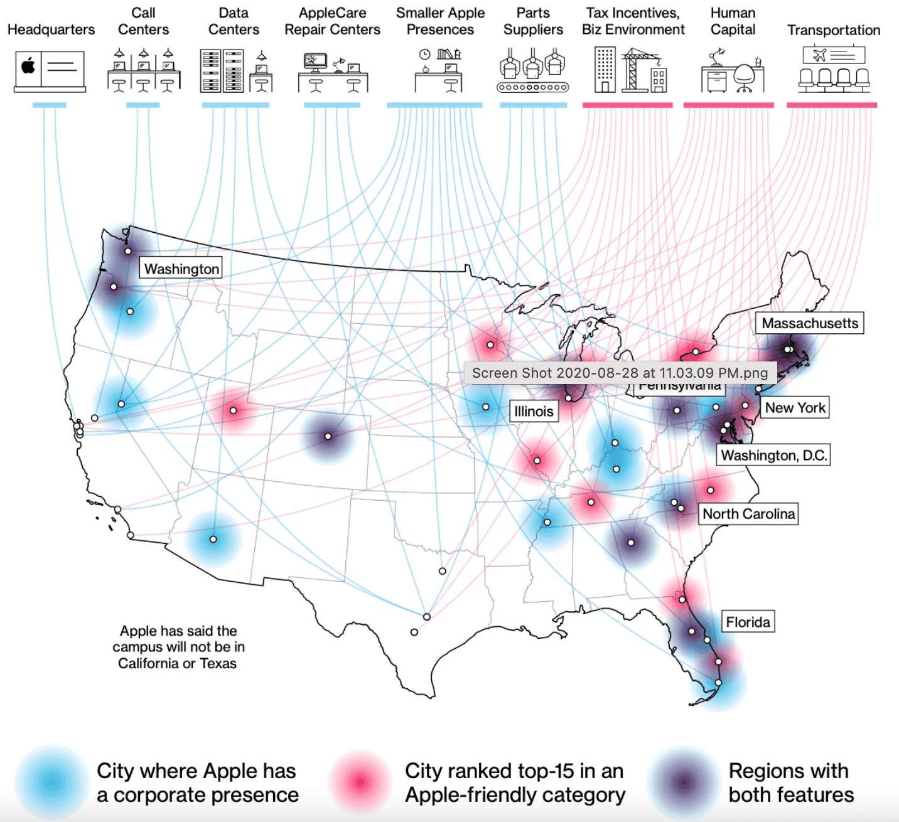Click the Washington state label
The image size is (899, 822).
point(181,269)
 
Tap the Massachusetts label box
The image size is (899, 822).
point(809,323)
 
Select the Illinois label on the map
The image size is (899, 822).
point(534,411)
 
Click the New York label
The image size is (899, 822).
point(795,408)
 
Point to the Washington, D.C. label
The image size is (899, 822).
point(773,455)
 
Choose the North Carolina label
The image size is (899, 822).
point(748,514)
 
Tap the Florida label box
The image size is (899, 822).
point(748,622)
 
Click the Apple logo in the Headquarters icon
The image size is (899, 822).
point(28,66)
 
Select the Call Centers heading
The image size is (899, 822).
point(143,21)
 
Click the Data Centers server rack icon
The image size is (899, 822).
point(222,71)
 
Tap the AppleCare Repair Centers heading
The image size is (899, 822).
point(332,21)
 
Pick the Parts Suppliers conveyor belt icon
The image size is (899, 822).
point(533,87)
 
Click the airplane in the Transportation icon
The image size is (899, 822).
point(819,55)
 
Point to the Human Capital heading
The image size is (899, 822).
point(733,21)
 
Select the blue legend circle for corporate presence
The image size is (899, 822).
point(51,782)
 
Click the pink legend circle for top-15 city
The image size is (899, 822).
point(360,782)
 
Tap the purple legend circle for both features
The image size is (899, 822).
point(684,782)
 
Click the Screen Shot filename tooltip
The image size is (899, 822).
point(620,373)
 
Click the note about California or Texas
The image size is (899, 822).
point(178,647)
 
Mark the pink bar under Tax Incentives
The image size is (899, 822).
point(627,105)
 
